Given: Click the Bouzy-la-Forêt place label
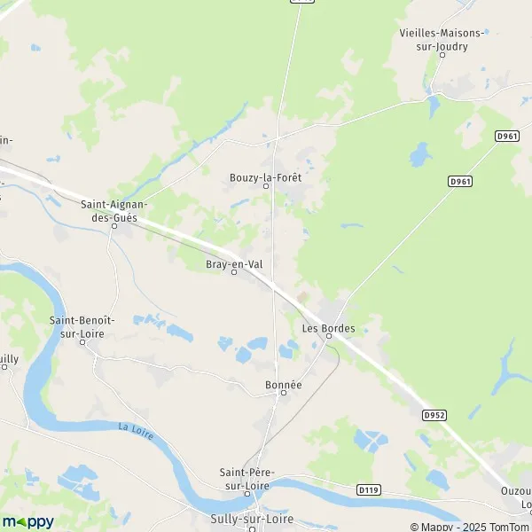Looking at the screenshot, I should (264, 177).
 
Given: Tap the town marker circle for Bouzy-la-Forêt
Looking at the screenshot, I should (264, 186).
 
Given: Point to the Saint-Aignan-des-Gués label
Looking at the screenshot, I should (113, 209).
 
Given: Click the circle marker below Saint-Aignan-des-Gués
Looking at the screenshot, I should (114, 225).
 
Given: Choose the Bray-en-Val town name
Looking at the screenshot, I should (234, 263).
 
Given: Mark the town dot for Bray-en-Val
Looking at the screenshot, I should (234, 273).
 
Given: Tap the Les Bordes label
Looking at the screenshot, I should (328, 328).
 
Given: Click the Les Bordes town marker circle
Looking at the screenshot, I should (328, 337).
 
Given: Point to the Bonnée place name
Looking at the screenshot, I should (284, 385).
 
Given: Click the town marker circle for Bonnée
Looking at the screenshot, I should (284, 395).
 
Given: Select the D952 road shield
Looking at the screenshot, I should (433, 414).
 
